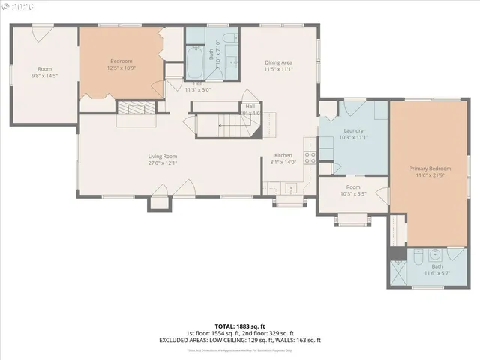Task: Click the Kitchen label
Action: pos(283,156)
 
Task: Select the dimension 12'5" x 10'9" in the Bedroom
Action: pos(121,69)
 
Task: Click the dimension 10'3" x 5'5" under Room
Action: pos(353,194)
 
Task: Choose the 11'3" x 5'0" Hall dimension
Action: pos(198,89)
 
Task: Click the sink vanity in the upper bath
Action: pos(232,61)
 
